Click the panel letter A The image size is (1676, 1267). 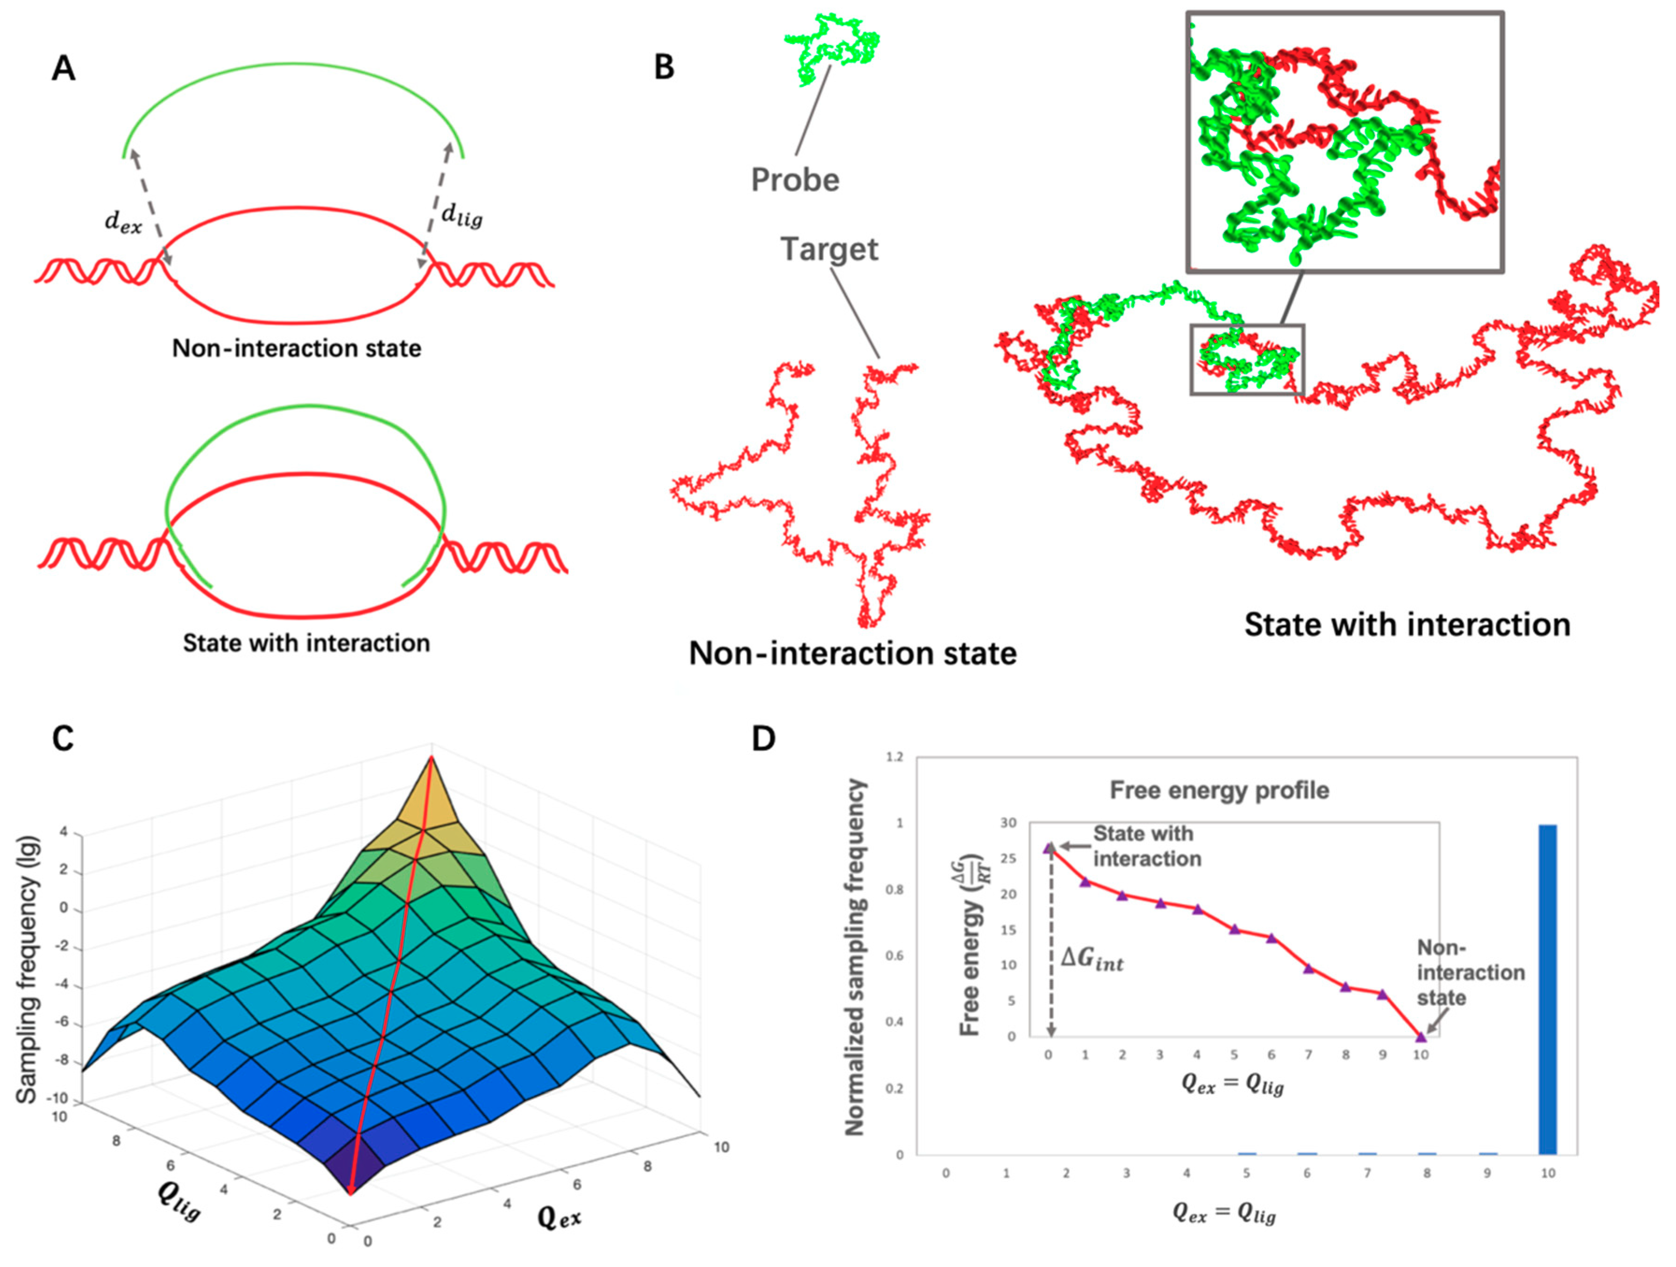click(64, 69)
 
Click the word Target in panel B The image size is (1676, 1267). click(829, 249)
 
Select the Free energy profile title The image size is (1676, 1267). click(1219, 790)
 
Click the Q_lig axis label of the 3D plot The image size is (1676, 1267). click(179, 1203)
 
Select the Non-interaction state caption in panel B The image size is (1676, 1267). click(852, 653)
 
